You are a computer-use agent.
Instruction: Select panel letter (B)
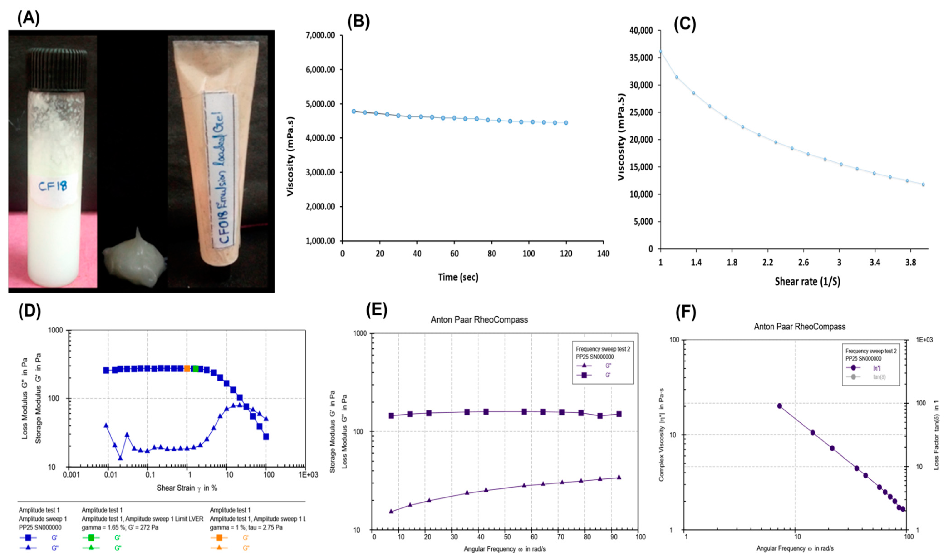358,22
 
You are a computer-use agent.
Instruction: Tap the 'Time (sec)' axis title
458,277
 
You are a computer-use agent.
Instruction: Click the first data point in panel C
660,51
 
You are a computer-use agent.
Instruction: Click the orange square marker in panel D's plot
187,369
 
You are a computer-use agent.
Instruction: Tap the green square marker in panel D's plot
196,369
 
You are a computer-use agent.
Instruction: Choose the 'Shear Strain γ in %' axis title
187,488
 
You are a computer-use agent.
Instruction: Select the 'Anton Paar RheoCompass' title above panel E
479,320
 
